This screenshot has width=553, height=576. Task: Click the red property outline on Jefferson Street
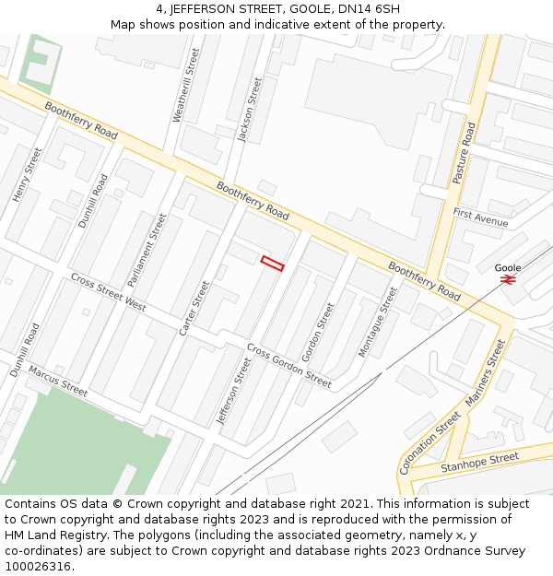tap(272, 264)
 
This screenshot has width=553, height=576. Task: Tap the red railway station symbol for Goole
tap(508, 279)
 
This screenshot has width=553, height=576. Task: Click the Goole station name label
tap(508, 267)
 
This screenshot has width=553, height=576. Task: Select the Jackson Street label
tap(250, 110)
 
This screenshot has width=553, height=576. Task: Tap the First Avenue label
tap(480, 217)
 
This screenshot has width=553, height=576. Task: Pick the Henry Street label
tap(28, 174)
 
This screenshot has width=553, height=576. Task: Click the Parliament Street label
tap(147, 249)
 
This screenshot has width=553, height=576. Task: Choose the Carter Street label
tap(194, 308)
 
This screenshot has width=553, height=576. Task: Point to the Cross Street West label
tap(108, 291)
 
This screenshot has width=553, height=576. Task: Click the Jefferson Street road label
tap(233, 391)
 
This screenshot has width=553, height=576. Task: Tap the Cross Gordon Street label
tap(288, 365)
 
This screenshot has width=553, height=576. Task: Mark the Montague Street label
tap(377, 322)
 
